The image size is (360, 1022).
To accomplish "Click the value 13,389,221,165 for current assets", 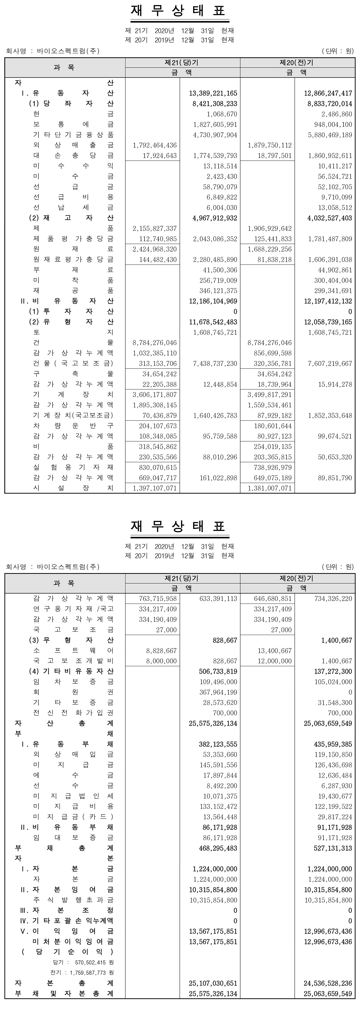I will pyautogui.click(x=213, y=94).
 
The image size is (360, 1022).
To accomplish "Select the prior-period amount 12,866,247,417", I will pyautogui.click(x=328, y=94).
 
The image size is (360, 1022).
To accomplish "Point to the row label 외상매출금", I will pyautogui.click(x=73, y=145).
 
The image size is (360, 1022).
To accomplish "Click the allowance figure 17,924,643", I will pyautogui.click(x=160, y=156).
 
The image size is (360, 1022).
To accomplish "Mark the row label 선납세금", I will pyautogui.click(x=73, y=207).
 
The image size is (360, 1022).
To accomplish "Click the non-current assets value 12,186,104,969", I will pyautogui.click(x=213, y=301).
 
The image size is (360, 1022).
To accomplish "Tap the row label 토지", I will pyautogui.click(x=73, y=332).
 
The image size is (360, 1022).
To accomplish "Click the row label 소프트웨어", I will pyautogui.click(x=73, y=651).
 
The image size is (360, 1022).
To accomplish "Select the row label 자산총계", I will pyautogui.click(x=64, y=723).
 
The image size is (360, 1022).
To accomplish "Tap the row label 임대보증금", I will pyautogui.click(x=73, y=838).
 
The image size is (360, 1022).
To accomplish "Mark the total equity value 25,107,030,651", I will pyautogui.click(x=213, y=983).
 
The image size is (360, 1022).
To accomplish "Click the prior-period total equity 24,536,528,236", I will pyautogui.click(x=328, y=983).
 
